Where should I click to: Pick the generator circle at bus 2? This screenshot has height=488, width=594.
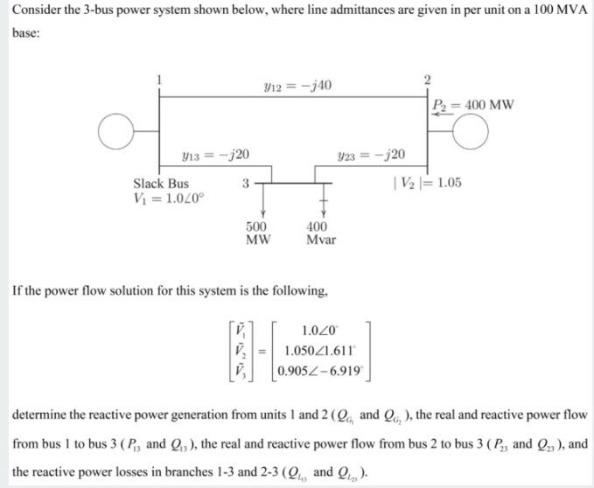click(472, 132)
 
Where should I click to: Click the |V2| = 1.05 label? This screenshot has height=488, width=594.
click(428, 184)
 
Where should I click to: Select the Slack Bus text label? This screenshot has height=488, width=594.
click(160, 184)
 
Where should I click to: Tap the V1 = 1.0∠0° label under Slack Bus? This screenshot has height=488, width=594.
click(169, 198)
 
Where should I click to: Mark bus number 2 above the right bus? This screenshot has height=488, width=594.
click(426, 81)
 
